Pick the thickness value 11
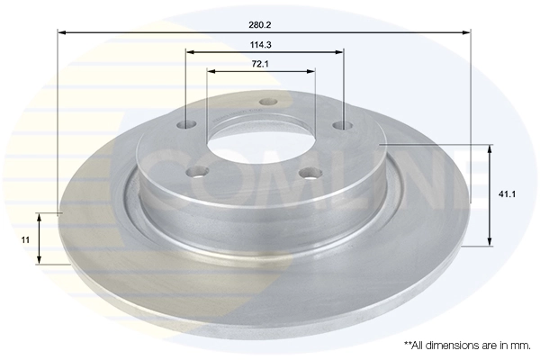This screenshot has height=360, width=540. [x=25, y=239]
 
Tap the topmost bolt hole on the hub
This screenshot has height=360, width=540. [x=266, y=102]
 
